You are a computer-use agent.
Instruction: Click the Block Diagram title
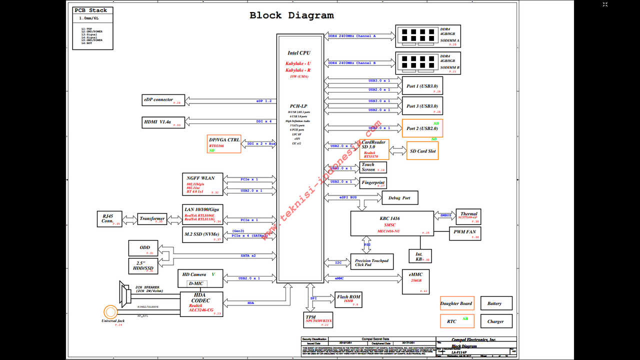[x=291, y=15]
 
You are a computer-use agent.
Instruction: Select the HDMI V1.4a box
[x=164, y=122]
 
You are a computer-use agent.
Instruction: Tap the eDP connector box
[x=164, y=100]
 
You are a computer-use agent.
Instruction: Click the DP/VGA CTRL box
[x=224, y=143]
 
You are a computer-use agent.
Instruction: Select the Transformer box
[x=152, y=219]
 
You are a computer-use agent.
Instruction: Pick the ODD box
[x=144, y=248]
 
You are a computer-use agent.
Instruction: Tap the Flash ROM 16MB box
[x=348, y=299]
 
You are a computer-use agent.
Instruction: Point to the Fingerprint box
[x=373, y=183]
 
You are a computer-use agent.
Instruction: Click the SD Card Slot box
[x=422, y=151]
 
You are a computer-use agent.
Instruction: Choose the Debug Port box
[x=399, y=198]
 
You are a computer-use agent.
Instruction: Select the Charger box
[x=495, y=321]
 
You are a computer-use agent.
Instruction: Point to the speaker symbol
[x=124, y=293]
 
